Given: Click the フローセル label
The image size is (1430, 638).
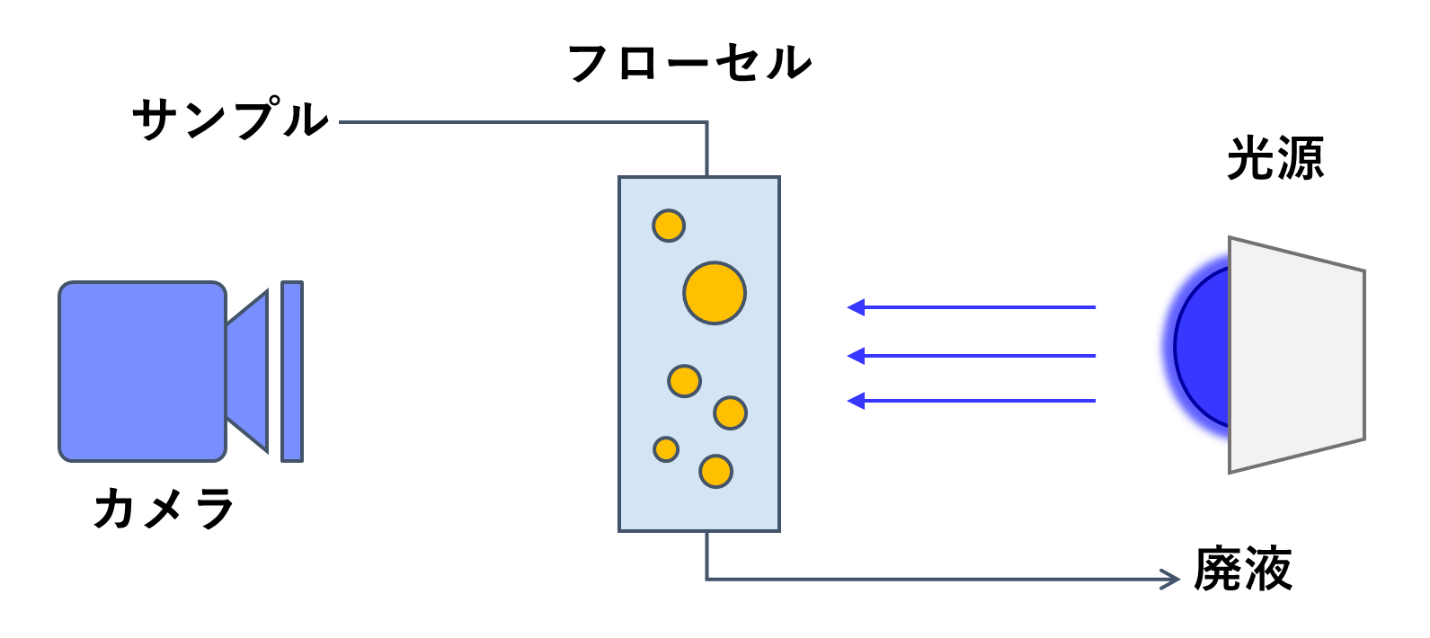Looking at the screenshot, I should pos(689,63).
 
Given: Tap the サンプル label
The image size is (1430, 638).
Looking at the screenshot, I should pos(231,120).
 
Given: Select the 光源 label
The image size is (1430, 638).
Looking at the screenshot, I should pos(1275,159).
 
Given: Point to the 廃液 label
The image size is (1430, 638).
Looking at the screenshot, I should pos(1243,569).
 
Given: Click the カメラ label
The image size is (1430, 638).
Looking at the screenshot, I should pos(164,509).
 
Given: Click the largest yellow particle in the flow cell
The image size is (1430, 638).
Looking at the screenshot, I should pos(715,293).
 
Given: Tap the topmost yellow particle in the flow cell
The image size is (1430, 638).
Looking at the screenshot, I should pos(669,226).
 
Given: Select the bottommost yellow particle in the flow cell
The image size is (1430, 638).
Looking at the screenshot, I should pos(715,471).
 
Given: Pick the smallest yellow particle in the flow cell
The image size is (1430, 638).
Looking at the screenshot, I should pos(666,448).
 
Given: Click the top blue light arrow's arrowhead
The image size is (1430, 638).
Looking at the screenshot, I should pos(855,307).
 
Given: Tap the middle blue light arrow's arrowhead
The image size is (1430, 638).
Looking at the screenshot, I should pos(855,356).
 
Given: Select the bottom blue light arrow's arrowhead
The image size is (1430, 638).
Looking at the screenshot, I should pos(855,401).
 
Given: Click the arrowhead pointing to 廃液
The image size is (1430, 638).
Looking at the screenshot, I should pos(1171,580).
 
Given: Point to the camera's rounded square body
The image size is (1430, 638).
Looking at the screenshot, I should pos(142,371).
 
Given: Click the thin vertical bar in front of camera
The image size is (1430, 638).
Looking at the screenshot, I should pos(292,371).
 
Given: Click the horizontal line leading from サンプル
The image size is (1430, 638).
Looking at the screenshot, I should pos(521,122).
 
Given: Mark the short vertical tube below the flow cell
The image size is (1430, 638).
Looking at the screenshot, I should pos(707,554).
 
